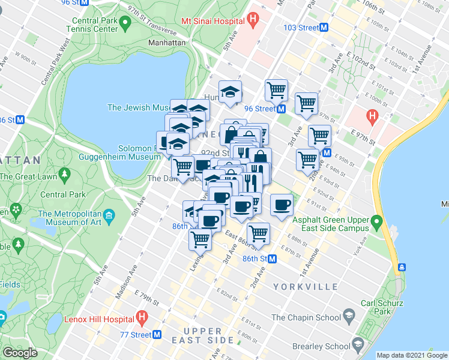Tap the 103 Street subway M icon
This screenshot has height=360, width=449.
point(324,28)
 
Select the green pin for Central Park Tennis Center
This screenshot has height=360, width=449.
point(125,23)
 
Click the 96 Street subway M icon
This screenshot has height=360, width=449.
point(281,109)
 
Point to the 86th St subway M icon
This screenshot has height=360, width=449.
point(272,259)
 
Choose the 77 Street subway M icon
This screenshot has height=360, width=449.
point(157,334)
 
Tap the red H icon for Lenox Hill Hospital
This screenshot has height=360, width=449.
point(142,316)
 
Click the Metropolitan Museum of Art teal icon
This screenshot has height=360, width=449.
point(109,215)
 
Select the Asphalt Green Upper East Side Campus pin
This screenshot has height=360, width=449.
point(376,223)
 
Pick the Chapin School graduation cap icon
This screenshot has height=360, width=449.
point(348,317)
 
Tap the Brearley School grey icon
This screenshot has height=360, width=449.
point(358,346)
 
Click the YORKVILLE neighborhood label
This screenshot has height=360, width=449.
point(301,287)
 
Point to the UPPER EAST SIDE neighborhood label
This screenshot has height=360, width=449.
point(208,335)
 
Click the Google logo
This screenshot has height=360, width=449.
point(20,352)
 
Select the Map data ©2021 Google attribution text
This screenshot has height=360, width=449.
point(412,355)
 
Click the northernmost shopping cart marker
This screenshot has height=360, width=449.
point(276,91)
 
